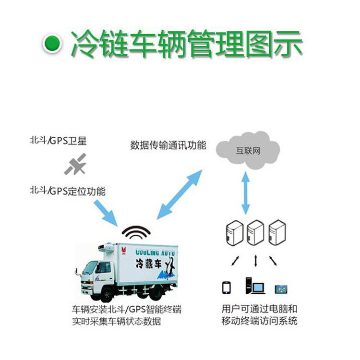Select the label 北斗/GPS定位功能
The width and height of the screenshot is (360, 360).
tap(67, 191)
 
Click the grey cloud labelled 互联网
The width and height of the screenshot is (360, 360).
tap(248, 150)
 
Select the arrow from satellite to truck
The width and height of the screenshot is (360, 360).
tap(107, 211)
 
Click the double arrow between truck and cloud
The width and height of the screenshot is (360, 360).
tap(180, 194)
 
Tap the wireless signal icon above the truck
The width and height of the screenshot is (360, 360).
tap(136, 232)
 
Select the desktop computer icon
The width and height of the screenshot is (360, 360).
tap(254, 286)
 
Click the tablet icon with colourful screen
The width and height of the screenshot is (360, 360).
tap(281, 289)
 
